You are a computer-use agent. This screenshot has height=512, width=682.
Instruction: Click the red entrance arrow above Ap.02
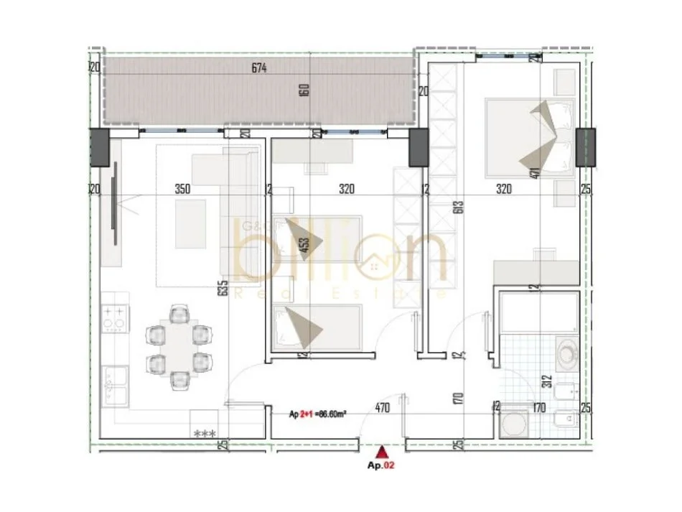click(x=383, y=452)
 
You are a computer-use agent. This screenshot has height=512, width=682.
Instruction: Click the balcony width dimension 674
click(x=259, y=69)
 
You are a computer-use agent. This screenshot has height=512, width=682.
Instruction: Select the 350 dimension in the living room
click(x=182, y=190)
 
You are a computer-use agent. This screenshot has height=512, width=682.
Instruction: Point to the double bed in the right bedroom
click(x=531, y=138)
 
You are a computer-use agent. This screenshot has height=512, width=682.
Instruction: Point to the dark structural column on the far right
click(x=585, y=147)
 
